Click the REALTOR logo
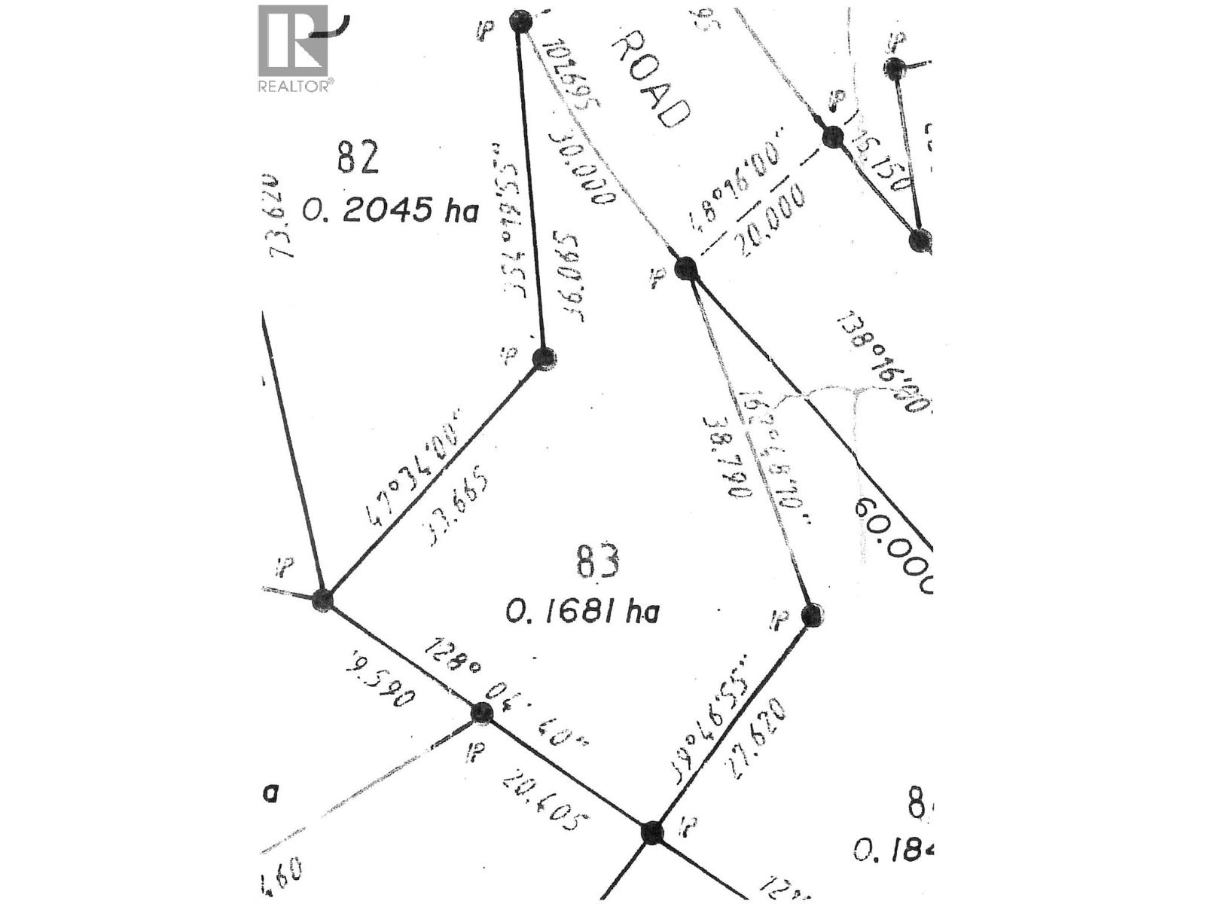(x=294, y=48)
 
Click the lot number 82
(x=358, y=159)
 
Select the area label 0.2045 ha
(x=390, y=210)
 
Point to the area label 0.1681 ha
(x=582, y=611)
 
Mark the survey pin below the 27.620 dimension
(x=652, y=832)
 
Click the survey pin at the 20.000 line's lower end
(x=685, y=268)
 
